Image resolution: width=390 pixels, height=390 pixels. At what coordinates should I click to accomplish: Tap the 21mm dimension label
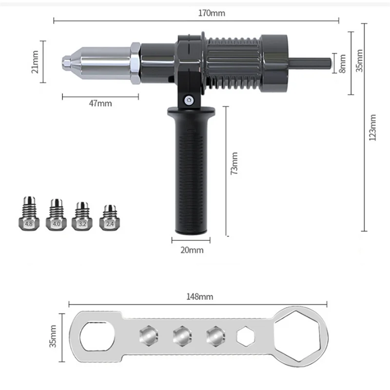(34, 61)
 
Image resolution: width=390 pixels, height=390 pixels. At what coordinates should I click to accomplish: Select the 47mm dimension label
(100, 103)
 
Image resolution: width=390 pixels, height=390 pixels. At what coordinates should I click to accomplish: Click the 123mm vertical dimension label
(373, 128)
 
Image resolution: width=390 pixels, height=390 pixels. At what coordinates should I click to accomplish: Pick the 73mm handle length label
(234, 164)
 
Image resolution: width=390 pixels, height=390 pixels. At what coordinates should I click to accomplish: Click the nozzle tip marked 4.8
(29, 214)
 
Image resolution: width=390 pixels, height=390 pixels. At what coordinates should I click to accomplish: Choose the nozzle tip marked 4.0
(57, 214)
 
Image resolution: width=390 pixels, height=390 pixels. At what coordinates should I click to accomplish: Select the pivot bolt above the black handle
(187, 100)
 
